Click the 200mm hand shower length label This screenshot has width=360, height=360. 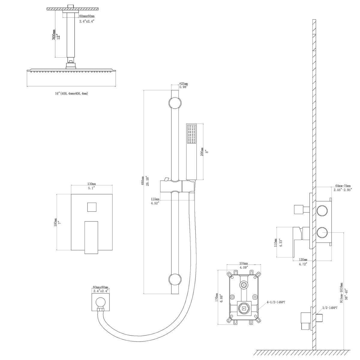point(202,152)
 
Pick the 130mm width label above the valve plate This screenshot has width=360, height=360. point(92,184)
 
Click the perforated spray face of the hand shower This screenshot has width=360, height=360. point(191,135)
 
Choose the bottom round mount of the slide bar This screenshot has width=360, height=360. point(175,280)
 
